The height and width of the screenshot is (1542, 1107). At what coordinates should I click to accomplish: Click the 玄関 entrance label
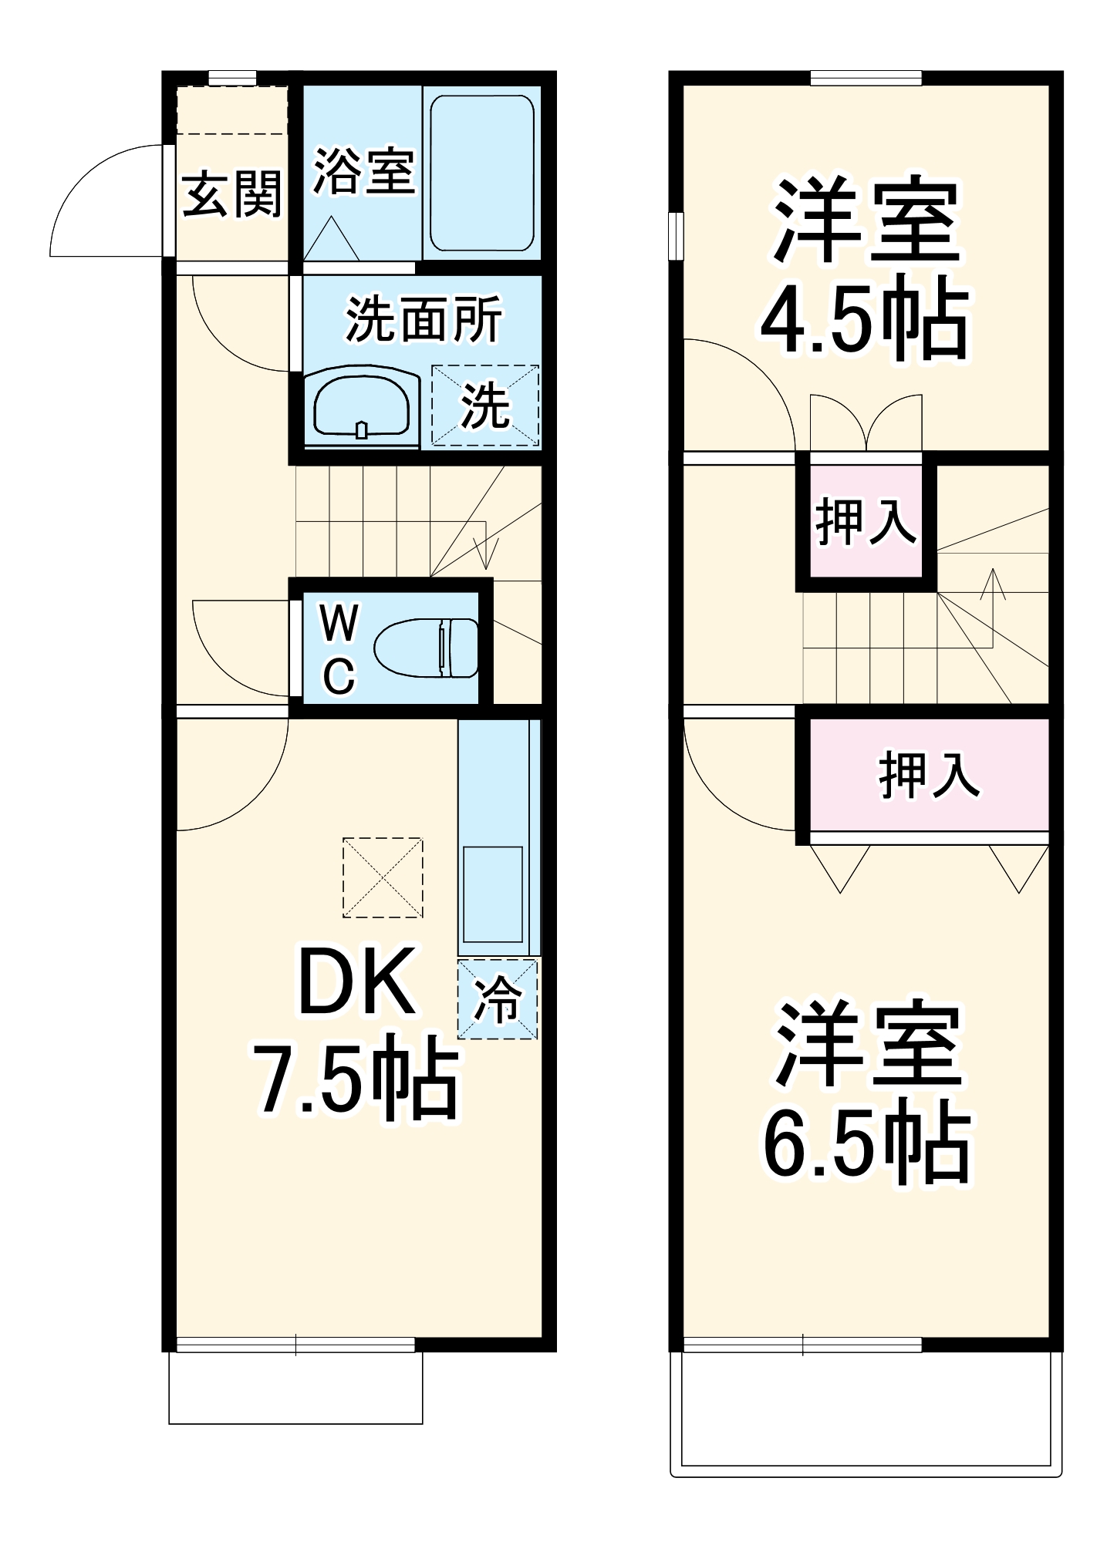pyautogui.click(x=231, y=194)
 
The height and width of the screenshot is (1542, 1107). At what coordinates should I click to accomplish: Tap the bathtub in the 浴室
pyautogui.click(x=481, y=173)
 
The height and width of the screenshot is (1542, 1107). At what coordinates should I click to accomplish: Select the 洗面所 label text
pyautogui.click(x=424, y=319)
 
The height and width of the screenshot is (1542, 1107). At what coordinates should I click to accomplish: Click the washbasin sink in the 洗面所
pyautogui.click(x=361, y=406)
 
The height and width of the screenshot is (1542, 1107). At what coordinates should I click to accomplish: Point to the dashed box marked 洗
pyautogui.click(x=484, y=406)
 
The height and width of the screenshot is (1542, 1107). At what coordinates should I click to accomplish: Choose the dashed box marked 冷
pyautogui.click(x=497, y=999)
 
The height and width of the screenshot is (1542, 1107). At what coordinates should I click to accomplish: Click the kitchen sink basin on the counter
pyautogui.click(x=492, y=894)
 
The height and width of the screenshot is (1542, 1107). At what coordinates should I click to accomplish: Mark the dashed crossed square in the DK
pyautogui.click(x=383, y=877)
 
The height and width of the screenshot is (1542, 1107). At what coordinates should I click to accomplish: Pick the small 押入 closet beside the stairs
pyautogui.click(x=866, y=522)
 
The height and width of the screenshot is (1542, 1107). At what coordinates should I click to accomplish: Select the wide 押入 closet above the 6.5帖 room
pyautogui.click(x=929, y=774)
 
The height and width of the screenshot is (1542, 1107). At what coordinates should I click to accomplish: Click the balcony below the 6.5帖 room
pyautogui.click(x=866, y=1411)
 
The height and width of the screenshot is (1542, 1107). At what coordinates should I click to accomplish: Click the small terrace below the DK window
pyautogui.click(x=295, y=1388)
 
